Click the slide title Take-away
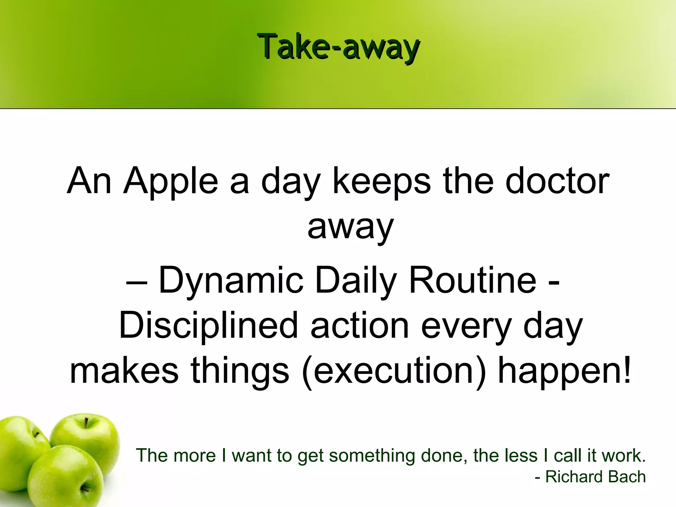click(x=338, y=48)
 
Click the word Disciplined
click(x=208, y=326)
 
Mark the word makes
click(x=124, y=371)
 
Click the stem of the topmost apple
click(x=86, y=423)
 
